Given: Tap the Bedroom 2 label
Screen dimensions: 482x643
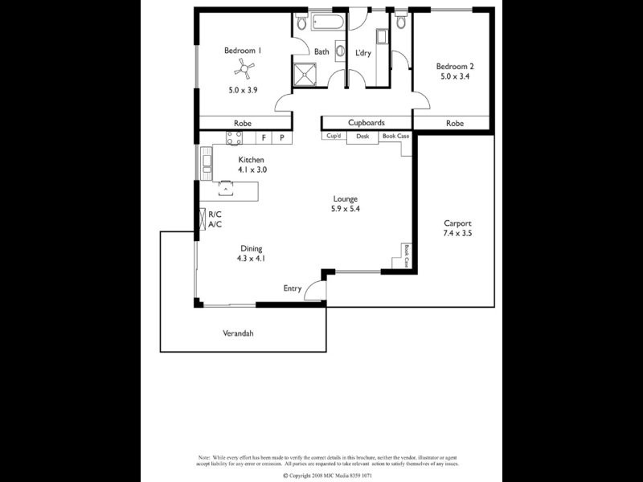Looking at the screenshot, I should pos(455,66).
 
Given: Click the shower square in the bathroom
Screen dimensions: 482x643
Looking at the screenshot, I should pos(306,72).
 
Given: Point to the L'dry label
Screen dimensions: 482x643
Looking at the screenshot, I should pos(364,53).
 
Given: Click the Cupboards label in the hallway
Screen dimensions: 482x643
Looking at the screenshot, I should pos(366,123).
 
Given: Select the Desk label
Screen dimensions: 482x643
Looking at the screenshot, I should pos(362,137).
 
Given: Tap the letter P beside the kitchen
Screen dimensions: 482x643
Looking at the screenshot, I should pos(281,137).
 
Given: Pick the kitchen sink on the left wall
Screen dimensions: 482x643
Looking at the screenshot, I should pos(207,165).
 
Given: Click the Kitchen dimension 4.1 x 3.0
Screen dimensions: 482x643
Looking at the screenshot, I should pos(252,170).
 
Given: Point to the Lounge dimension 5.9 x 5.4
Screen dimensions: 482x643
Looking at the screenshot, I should pos(346,209).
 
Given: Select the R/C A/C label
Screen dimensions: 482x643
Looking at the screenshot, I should pos(215,219).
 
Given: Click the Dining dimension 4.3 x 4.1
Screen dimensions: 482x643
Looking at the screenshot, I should pos(250,259).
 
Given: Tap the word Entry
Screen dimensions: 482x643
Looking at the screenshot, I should pos(293,288).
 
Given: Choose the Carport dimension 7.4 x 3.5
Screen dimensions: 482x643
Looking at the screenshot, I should pos(456,234).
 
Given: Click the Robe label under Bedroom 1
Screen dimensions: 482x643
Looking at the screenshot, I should pos(242,123).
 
